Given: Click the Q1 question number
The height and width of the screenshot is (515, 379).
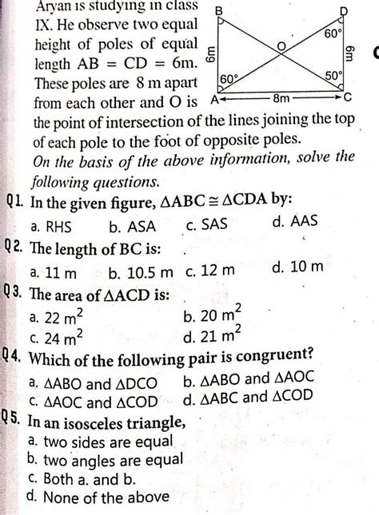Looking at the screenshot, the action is point(12,200).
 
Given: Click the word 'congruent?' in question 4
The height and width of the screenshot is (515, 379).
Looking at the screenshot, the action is point(271,354).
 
